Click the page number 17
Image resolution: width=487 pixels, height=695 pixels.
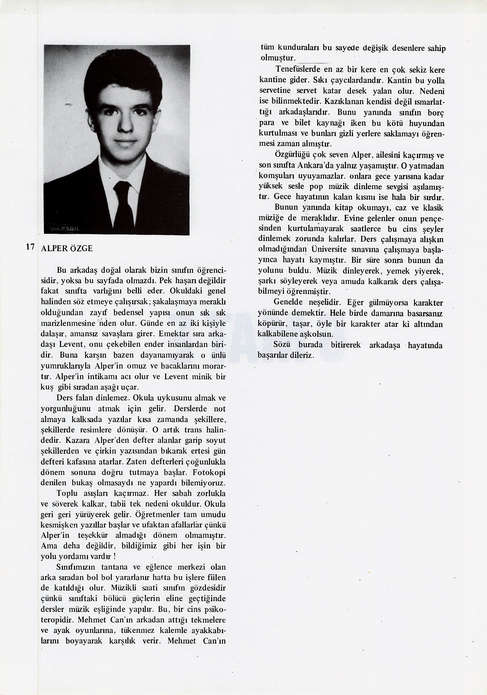tap(30, 246)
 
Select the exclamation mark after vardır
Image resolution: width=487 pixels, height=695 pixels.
tap(115, 556)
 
